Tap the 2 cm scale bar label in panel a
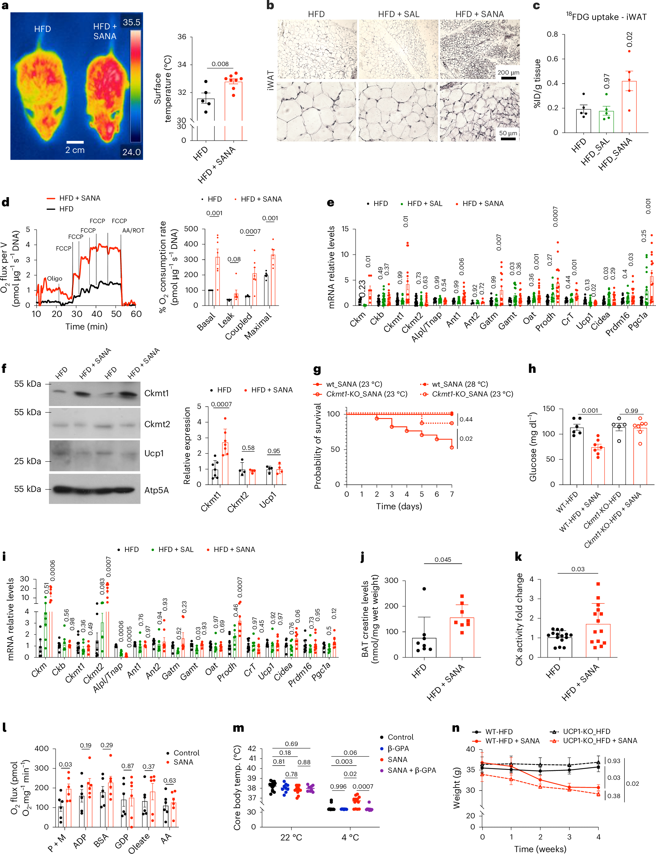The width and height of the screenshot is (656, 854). [75, 150]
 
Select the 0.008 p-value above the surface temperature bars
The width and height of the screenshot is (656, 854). [220, 64]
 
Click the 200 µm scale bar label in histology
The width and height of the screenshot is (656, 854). [508, 73]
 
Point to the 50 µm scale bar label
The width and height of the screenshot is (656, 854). [508, 133]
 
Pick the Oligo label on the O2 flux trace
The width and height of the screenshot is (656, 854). [54, 279]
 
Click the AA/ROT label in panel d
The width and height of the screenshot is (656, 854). [133, 231]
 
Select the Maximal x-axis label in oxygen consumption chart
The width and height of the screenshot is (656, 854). [258, 326]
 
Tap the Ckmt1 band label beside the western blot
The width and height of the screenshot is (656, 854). [157, 393]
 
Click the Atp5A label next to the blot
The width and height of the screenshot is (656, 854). [157, 490]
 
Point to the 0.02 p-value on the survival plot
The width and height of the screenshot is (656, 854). [466, 439]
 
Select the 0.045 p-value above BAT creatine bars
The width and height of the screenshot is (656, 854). [443, 560]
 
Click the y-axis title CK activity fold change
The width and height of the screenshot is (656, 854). [519, 619]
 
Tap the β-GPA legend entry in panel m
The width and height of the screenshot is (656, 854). [398, 748]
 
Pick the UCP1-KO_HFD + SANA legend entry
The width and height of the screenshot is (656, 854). [600, 740]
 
